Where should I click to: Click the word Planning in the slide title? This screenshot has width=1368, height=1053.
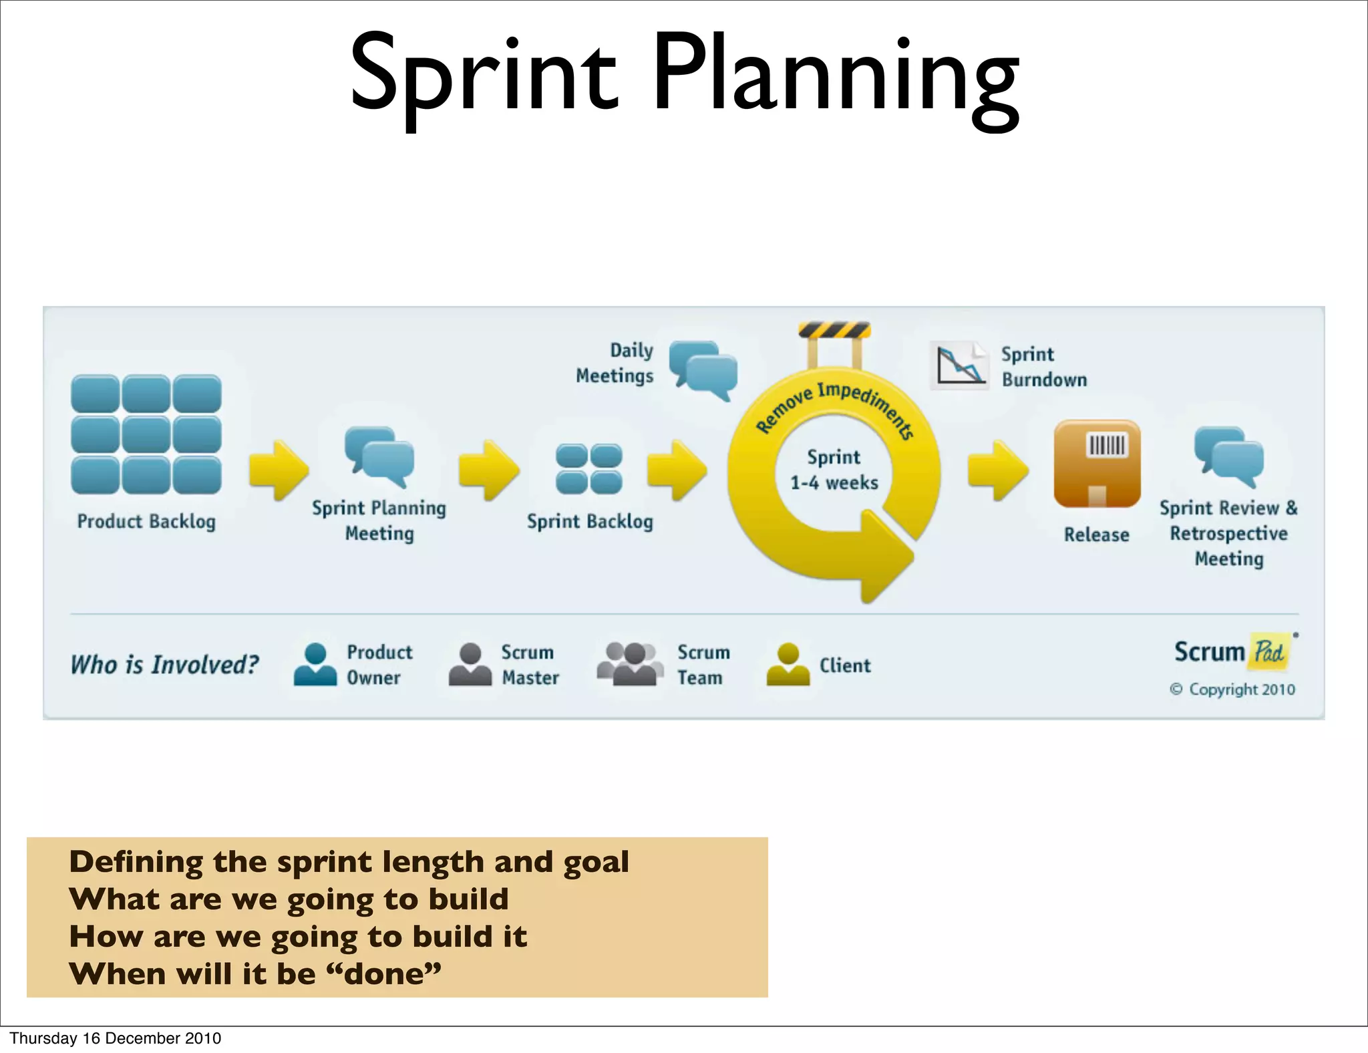point(835,73)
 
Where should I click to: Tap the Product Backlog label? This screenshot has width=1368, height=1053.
point(146,521)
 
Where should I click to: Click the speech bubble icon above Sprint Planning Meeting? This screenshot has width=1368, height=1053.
point(379,457)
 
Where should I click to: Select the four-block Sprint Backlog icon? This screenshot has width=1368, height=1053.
point(588,468)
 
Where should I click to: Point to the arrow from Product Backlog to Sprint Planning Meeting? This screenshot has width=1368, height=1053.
point(278,470)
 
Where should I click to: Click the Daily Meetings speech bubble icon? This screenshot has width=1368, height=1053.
point(703,369)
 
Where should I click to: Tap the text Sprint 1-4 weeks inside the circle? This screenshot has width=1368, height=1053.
point(834,470)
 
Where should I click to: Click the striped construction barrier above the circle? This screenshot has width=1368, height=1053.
point(834,331)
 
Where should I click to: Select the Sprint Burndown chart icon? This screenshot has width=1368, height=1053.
point(959,365)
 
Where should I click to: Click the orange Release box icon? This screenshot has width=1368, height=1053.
point(1097,463)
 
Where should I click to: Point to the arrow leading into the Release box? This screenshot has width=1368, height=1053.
point(997,470)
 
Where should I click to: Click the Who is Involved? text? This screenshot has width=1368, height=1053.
point(164,665)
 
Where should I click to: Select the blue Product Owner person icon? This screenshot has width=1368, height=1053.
point(315,664)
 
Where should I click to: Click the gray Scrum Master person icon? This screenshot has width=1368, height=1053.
point(470,664)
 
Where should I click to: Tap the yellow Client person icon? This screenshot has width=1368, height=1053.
point(788,664)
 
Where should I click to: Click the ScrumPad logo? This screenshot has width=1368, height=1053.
point(1233,651)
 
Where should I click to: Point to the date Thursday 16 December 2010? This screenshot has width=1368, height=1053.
point(115,1038)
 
